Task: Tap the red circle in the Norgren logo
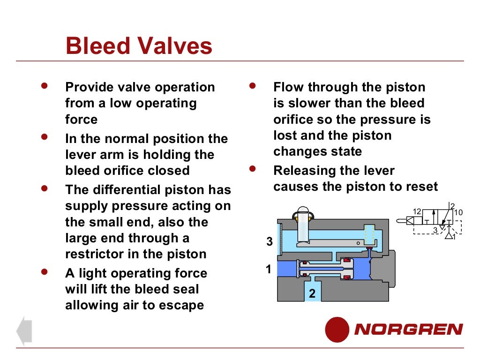[337, 329]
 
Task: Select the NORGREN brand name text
[408, 330]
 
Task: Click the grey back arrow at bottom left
[24, 331]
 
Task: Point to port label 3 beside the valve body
[269, 242]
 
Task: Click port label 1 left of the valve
[269, 270]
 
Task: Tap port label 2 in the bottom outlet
[312, 294]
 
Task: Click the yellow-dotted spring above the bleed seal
[369, 232]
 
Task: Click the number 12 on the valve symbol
[417, 211]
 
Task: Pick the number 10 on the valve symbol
[458, 212]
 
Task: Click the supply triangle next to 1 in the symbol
[449, 236]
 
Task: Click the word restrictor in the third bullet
[93, 254]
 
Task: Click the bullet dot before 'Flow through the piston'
[253, 86]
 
